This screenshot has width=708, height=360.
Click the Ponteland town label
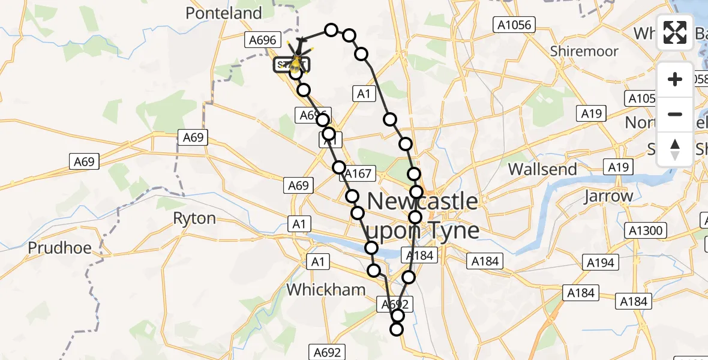[224, 13]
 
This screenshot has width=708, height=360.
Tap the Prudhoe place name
[59, 247]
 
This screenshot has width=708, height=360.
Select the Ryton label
[194, 218]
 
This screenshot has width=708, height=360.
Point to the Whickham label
[326, 289]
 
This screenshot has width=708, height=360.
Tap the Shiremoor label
[584, 51]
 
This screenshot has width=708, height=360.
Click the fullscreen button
[675, 32]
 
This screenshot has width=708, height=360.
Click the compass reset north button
[675, 149]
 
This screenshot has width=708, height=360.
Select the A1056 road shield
[514, 25]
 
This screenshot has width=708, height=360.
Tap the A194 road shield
[600, 262]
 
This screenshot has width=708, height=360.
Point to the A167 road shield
[358, 174]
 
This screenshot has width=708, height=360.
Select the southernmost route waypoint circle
[397, 328]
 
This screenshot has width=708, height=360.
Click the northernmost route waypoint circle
[331, 30]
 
